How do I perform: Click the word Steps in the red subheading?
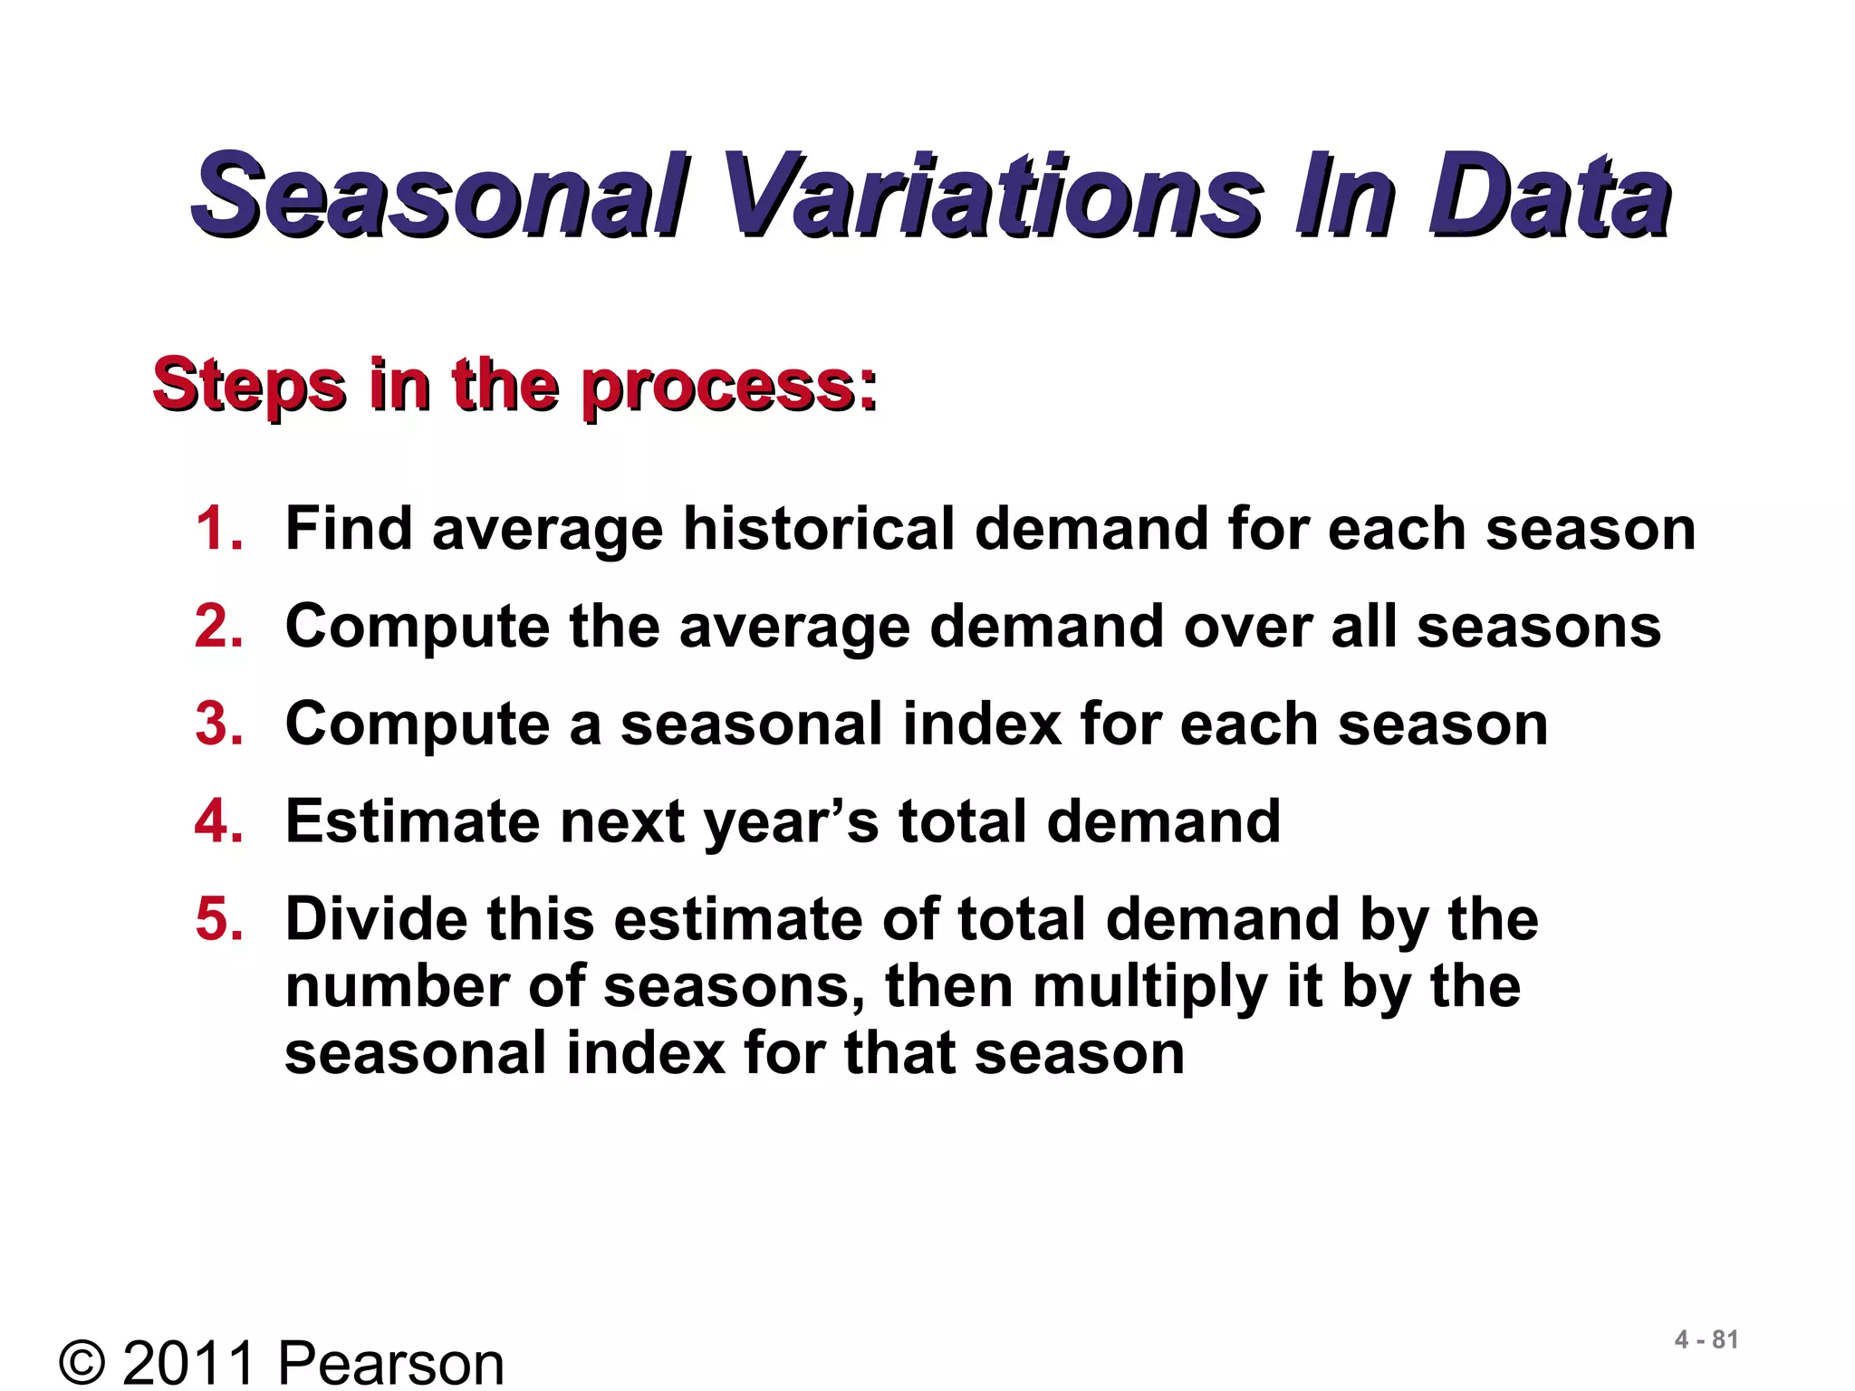coord(249,385)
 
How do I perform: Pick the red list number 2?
coord(218,626)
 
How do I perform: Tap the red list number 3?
coord(218,724)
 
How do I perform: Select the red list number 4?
coord(218,821)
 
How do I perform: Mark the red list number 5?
coord(218,919)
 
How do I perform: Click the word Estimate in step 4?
coord(412,821)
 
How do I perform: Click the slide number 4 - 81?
coord(1706,1339)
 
